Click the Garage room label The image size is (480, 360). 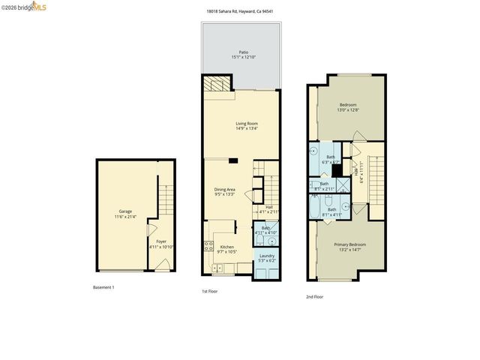point(124,211)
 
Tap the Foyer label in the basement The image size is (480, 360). point(161,241)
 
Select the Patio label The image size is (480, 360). point(244,52)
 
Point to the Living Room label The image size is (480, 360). point(247,123)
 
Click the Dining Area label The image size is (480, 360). point(225,189)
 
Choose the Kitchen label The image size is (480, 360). point(226,247)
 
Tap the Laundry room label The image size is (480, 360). point(266,256)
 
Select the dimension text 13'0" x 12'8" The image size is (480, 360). point(349,110)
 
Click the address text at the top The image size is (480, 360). point(239,11)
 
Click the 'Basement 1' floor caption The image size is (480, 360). point(103,287)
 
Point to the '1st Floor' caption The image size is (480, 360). point(209,291)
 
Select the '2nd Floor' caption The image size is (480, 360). point(315,297)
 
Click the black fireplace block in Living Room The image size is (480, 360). point(233,160)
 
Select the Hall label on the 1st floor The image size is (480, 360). point(268,208)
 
